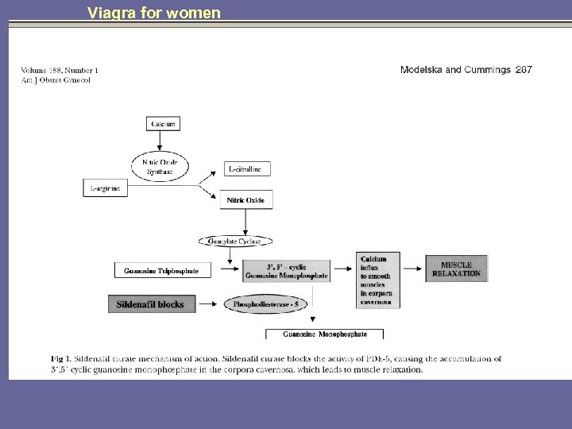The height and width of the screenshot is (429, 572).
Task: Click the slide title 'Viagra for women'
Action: (154, 13)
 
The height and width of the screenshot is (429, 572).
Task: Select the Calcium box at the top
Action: (163, 124)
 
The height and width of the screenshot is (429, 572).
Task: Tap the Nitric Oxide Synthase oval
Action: (160, 167)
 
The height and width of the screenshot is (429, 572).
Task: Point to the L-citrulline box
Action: (247, 169)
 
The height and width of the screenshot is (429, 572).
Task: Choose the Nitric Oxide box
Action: (247, 200)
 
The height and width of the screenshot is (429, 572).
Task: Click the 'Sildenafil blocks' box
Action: (150, 304)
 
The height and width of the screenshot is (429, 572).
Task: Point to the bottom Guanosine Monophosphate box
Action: (324, 334)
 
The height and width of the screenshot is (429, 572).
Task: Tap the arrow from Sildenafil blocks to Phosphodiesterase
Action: (210, 303)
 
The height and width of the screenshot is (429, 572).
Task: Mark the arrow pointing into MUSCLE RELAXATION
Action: (411, 269)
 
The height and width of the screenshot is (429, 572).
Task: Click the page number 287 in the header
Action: (524, 70)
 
